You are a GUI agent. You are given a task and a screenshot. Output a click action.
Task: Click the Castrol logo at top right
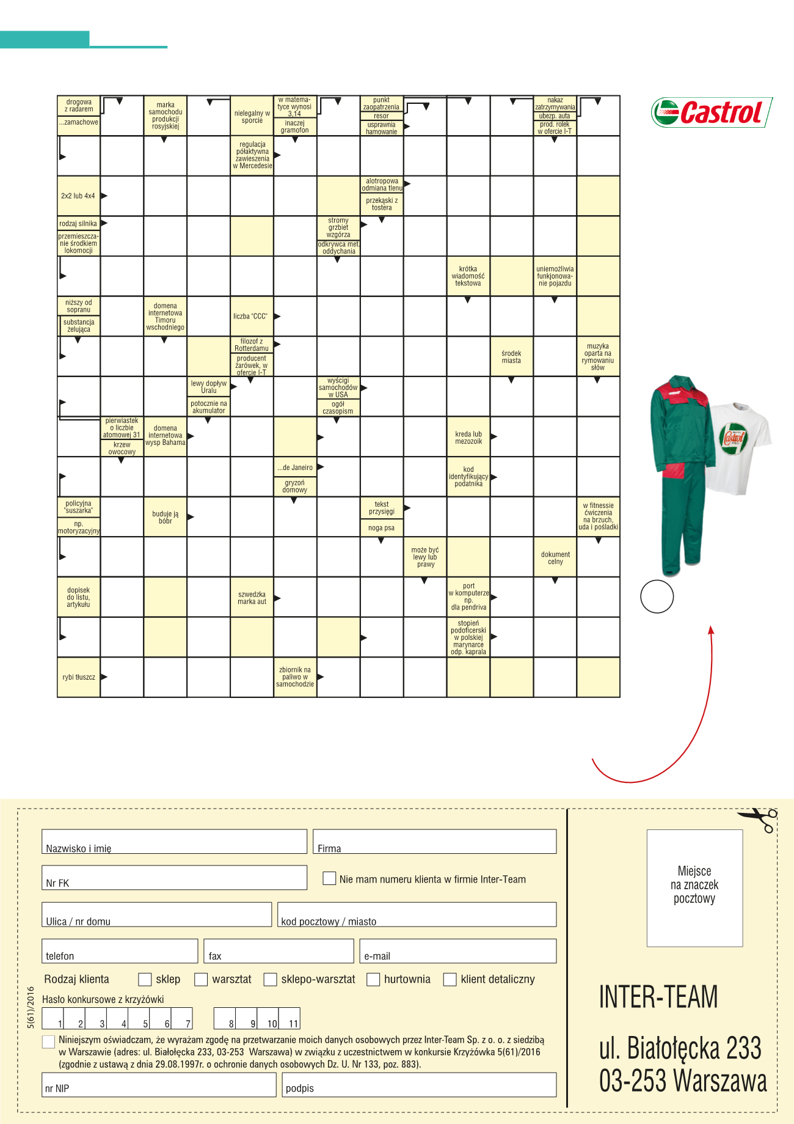tap(711, 112)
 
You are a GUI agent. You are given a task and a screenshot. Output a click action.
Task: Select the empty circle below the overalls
tap(657, 596)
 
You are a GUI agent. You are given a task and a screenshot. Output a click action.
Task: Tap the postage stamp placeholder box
tap(694, 887)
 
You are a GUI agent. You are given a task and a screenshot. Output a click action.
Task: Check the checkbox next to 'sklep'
tap(145, 979)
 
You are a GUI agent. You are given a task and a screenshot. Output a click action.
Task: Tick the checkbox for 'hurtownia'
tap(373, 979)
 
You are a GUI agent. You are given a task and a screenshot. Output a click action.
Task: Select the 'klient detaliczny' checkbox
tap(450, 979)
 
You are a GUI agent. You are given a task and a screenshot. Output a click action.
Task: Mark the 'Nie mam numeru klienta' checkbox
tap(329, 878)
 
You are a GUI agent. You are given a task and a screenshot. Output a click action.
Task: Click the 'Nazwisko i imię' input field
tap(174, 842)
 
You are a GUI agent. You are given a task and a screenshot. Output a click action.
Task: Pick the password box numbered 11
tap(290, 1018)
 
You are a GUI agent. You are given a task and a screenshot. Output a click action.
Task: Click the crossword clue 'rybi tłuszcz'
tap(79, 677)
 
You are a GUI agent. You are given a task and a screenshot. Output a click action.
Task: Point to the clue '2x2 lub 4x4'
tap(78, 196)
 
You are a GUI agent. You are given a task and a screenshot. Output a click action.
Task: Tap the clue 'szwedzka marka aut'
tap(252, 598)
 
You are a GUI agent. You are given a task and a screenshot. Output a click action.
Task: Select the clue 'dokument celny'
tap(555, 557)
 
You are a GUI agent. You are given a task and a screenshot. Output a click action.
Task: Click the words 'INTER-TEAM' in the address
tap(658, 997)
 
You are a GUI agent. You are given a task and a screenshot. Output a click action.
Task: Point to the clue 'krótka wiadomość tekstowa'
tap(468, 276)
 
